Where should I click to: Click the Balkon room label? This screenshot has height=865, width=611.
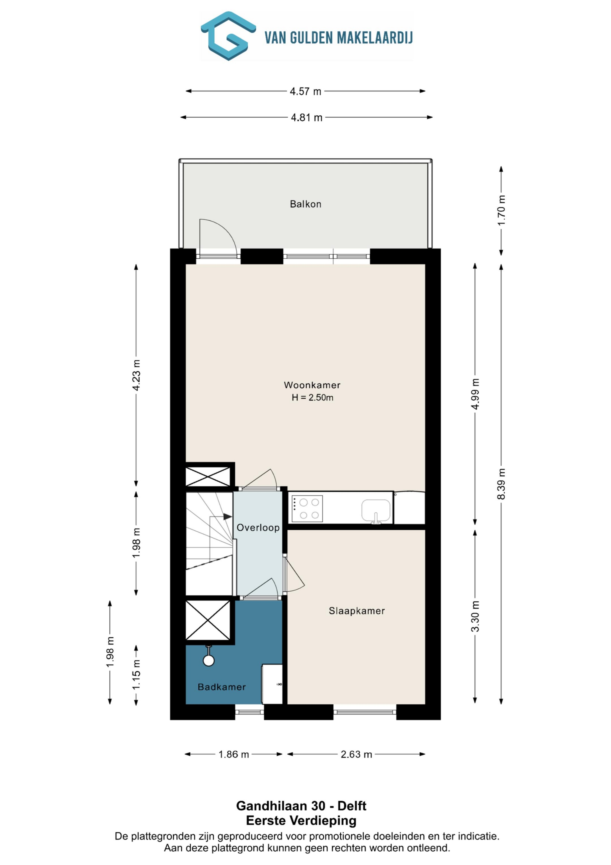[x=305, y=204]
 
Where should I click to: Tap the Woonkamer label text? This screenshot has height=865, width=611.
[x=312, y=385]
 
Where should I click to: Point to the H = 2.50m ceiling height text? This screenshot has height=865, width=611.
[x=312, y=397]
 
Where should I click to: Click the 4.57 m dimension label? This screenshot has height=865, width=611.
[x=305, y=91]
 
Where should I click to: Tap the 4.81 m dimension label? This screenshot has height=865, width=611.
[x=307, y=118]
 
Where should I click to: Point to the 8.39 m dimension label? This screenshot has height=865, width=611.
[x=501, y=484]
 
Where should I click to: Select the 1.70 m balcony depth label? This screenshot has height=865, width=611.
[x=501, y=211]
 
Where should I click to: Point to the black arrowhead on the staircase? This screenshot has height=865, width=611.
[x=227, y=517]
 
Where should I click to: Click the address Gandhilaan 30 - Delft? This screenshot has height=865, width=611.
[x=301, y=806]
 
